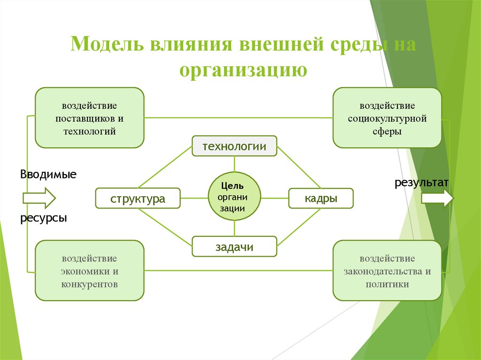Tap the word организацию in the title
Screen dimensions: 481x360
click(243, 69)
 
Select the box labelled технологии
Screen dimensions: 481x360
click(234, 146)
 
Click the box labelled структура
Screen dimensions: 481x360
click(138, 198)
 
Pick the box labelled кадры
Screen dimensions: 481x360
click(321, 198)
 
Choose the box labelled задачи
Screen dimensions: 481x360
click(234, 247)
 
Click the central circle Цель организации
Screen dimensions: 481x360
click(234, 196)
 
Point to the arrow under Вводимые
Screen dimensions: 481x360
click(39, 198)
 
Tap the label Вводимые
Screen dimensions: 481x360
click(48, 175)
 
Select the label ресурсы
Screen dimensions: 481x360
click(43, 218)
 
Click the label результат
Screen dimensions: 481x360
click(421, 182)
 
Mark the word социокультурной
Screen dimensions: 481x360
click(387, 118)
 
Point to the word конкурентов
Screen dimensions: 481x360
click(89, 284)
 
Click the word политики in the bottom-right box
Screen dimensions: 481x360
click(387, 284)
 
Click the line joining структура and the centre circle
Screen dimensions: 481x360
click(194, 198)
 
